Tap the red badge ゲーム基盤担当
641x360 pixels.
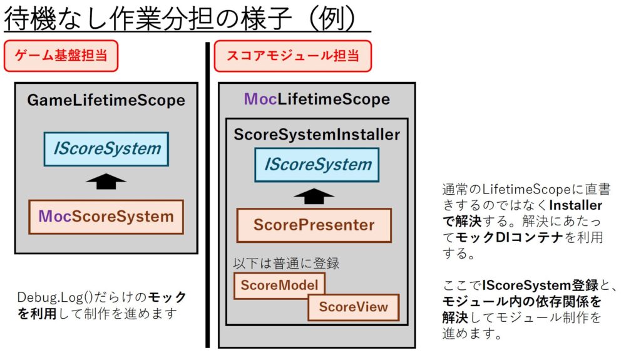(x=61, y=56)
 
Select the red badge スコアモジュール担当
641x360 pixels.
(x=292, y=56)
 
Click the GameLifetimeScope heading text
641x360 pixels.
(x=106, y=100)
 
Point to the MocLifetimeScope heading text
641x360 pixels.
(x=317, y=99)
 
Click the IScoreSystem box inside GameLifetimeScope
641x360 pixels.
(x=106, y=149)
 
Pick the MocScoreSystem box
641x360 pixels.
(x=106, y=217)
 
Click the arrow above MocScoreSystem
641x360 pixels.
(x=106, y=182)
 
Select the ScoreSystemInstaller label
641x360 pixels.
(x=317, y=135)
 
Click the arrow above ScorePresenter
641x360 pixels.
(x=314, y=196)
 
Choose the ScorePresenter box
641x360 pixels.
(x=314, y=225)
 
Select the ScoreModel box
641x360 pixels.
(x=279, y=285)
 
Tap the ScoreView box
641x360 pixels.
(x=353, y=307)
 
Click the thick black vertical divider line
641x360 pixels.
(x=207, y=194)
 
